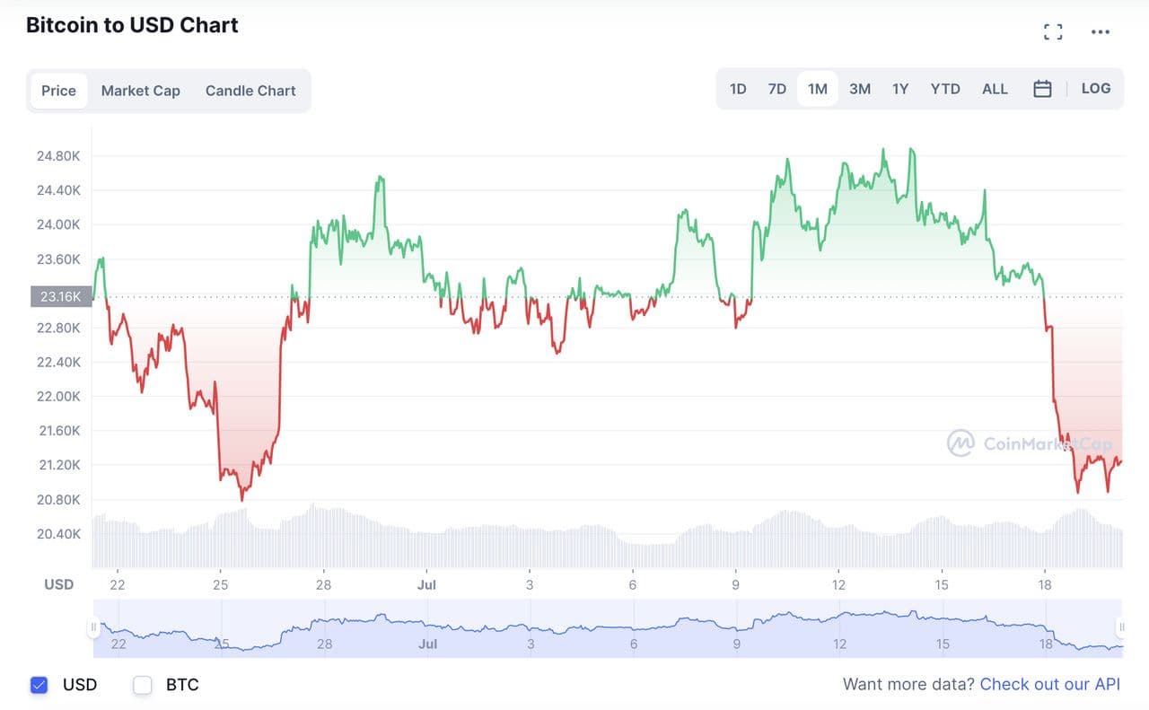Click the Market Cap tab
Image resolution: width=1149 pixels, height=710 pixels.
tap(140, 91)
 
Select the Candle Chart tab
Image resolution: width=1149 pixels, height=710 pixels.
tap(250, 91)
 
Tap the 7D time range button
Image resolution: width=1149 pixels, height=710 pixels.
tap(777, 89)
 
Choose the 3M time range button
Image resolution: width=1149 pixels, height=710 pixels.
tap(860, 89)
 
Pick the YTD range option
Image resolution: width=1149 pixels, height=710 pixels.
tap(945, 89)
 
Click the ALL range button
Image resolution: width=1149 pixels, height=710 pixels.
tap(995, 89)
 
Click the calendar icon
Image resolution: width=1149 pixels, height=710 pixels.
tap(1042, 89)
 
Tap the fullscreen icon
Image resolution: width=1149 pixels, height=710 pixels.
tap(1053, 32)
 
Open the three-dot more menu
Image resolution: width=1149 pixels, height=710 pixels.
tap(1101, 32)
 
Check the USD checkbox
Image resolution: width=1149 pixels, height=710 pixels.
tap(39, 685)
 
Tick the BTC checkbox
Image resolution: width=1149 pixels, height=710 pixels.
tap(143, 685)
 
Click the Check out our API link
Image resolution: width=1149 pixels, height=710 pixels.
tap(1049, 684)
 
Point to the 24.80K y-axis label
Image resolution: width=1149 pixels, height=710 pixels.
tap(58, 156)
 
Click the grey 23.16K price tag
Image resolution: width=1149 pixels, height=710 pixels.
tap(61, 296)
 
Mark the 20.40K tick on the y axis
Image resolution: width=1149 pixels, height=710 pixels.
tap(58, 534)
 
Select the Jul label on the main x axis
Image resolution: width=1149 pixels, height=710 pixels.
tap(426, 585)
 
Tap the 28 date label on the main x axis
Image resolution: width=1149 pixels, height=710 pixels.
tap(323, 585)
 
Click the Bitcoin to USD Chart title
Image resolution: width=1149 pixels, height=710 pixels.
tap(132, 25)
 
